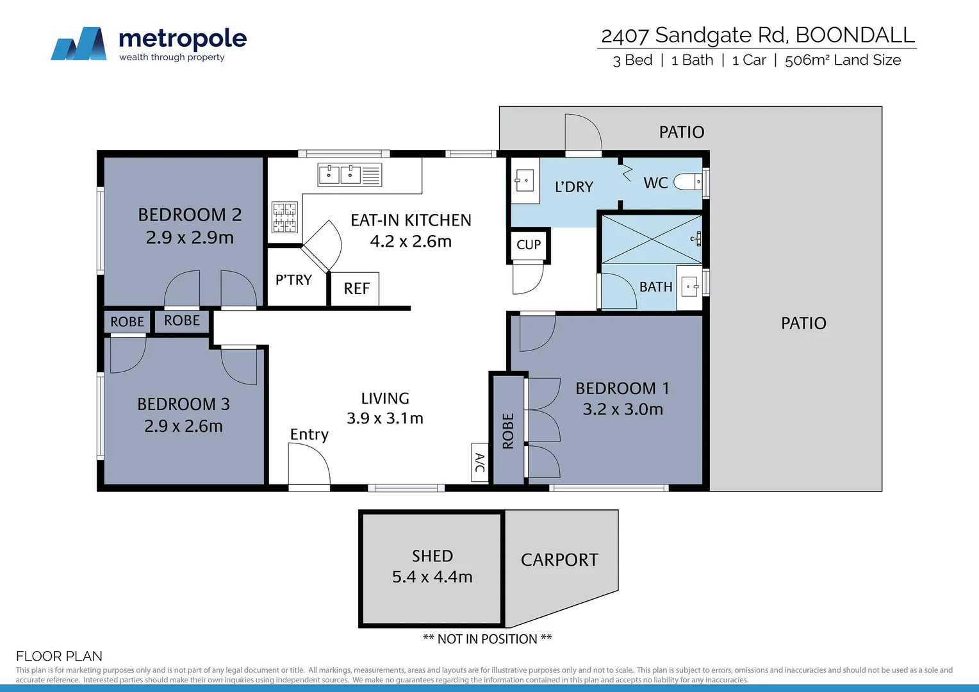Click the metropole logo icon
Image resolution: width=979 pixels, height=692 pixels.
[79, 44]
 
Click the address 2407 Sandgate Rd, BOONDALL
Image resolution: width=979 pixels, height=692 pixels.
[757, 35]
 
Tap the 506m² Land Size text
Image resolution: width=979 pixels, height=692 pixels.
[843, 60]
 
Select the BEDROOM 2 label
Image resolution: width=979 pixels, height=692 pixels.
[190, 215]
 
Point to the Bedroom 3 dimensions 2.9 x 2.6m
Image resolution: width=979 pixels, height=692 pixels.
[183, 426]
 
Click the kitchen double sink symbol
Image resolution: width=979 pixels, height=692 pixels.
[340, 174]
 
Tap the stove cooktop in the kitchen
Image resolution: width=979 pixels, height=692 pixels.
[284, 217]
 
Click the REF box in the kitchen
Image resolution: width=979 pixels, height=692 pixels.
[356, 289]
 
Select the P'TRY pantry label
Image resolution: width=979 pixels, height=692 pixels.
[293, 280]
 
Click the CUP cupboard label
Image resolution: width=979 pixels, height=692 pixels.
[529, 245]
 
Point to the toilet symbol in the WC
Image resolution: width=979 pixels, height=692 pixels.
[689, 183]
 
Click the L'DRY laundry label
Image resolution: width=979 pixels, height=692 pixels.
[574, 187]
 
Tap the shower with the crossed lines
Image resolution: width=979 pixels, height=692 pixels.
[651, 239]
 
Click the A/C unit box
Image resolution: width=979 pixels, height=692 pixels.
[479, 462]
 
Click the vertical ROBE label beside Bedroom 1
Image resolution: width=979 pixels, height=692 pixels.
[508, 431]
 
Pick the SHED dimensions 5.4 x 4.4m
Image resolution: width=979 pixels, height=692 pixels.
[432, 577]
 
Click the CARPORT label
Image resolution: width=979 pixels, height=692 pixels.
[559, 560]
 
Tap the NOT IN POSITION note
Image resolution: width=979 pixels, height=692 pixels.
[487, 639]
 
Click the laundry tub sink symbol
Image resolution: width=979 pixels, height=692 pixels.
[525, 181]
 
